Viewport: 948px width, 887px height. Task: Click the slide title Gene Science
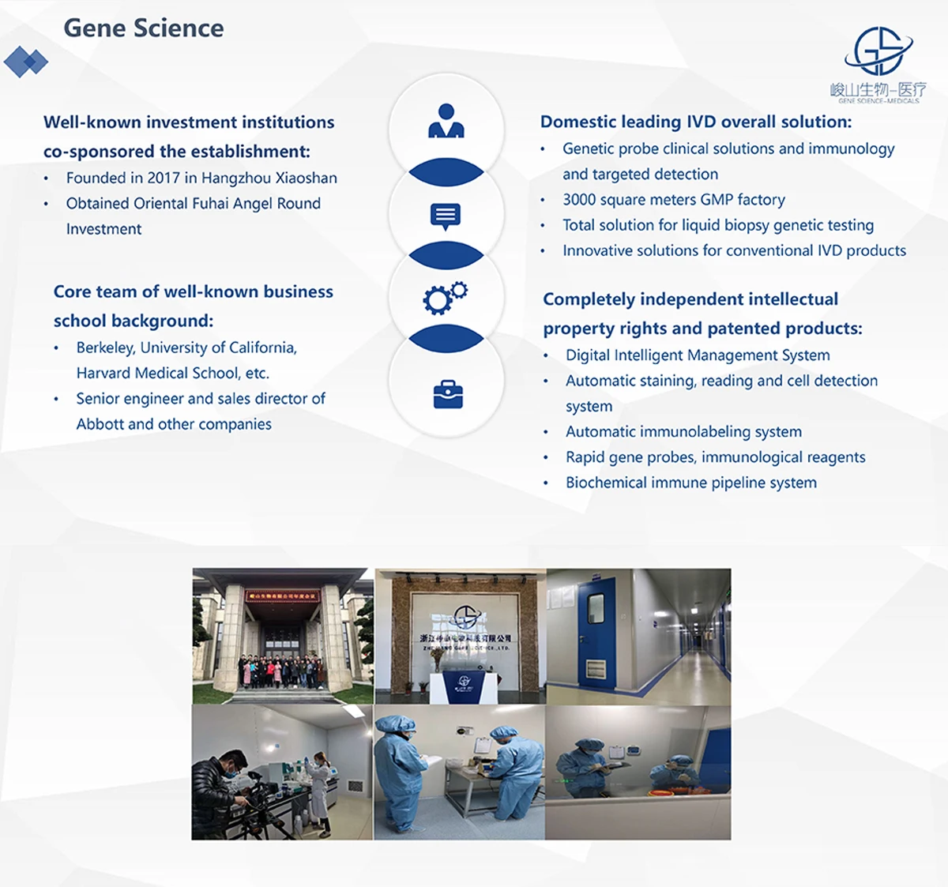point(143,28)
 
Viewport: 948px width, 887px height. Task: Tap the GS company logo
point(878,51)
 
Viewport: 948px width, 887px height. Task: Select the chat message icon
point(446,216)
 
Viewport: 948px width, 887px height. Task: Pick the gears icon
point(446,298)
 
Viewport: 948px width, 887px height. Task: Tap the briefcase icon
point(448,394)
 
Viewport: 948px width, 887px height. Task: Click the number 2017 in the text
point(164,178)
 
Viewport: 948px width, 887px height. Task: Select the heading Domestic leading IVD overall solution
point(695,122)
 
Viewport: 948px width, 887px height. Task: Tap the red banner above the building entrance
point(281,596)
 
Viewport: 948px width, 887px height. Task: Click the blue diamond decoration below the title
point(26,62)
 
